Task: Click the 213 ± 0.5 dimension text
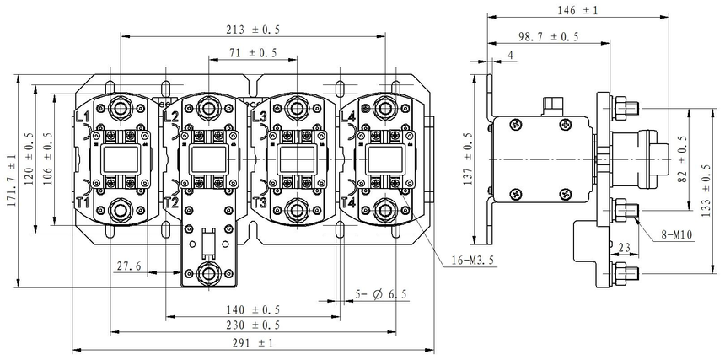(x=253, y=29)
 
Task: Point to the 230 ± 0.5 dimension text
(x=253, y=325)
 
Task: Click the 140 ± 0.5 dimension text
(x=253, y=309)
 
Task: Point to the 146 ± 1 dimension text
(x=577, y=11)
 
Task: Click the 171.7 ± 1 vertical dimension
(x=11, y=180)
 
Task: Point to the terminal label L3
(x=259, y=116)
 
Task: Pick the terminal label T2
(x=171, y=203)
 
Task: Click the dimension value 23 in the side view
(x=625, y=247)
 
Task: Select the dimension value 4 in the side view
(x=511, y=56)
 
